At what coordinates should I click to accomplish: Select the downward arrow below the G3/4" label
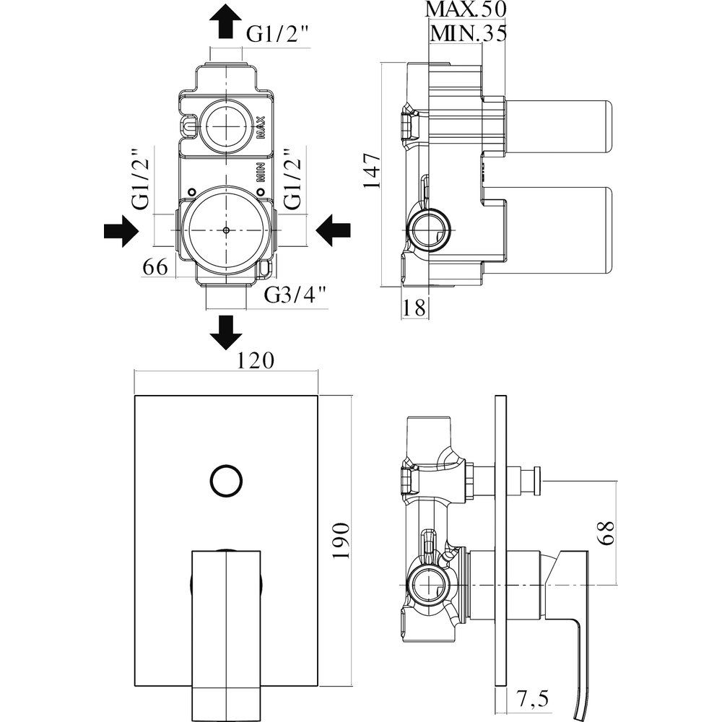pos(225,330)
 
